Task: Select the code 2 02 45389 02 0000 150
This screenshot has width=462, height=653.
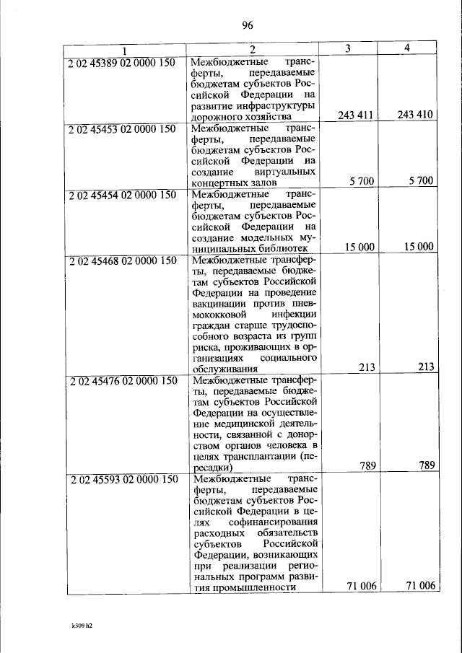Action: (x=123, y=63)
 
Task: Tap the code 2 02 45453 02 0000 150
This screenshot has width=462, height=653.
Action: (x=123, y=129)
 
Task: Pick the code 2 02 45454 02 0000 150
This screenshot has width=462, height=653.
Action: (x=123, y=195)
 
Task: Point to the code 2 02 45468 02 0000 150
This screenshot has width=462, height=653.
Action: (x=123, y=260)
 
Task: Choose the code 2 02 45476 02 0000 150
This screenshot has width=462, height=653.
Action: (x=123, y=381)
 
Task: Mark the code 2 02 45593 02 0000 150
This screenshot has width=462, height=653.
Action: (x=123, y=478)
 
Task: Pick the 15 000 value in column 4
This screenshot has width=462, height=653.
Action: (x=419, y=247)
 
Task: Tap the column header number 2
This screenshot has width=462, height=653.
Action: (x=253, y=50)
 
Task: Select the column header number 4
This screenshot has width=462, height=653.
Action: (x=407, y=49)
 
